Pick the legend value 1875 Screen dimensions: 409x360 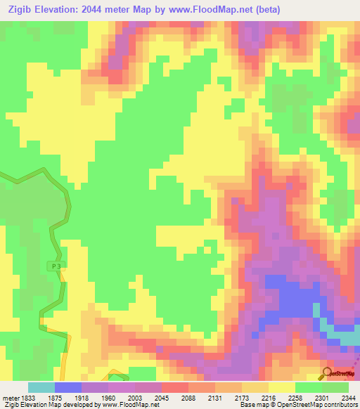click(x=54, y=397)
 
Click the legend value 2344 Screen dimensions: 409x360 click(x=348, y=397)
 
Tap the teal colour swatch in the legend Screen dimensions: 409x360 click(x=41, y=387)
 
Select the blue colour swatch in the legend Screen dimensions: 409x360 click(x=68, y=387)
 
